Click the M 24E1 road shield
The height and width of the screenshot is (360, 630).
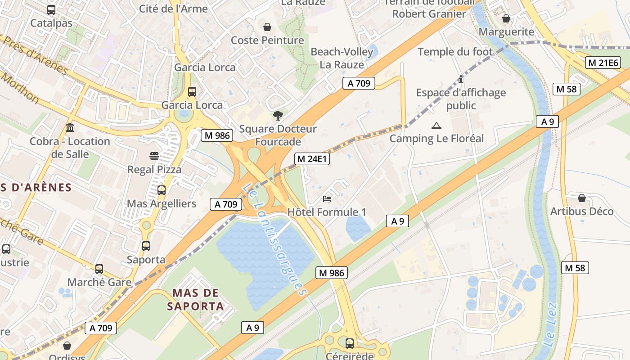(x=312, y=159)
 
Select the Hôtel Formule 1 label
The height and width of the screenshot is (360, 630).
(x=327, y=212)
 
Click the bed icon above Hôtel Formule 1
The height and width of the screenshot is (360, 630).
(x=327, y=198)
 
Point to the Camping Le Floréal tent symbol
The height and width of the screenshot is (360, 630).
(x=436, y=126)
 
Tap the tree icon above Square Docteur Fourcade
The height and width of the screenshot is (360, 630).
(x=278, y=116)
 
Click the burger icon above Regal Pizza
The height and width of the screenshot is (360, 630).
(x=154, y=156)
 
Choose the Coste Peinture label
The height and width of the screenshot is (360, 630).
(x=267, y=40)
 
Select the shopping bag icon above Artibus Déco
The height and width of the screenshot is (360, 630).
(x=582, y=198)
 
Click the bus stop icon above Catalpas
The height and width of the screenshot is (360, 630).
(x=51, y=10)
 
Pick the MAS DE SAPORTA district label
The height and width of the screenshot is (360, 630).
(x=195, y=300)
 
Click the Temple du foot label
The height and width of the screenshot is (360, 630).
(x=455, y=52)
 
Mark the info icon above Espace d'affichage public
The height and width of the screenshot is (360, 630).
(x=460, y=80)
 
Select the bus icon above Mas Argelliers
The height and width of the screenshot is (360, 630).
(x=162, y=190)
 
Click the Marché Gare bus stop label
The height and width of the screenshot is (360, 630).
(x=99, y=282)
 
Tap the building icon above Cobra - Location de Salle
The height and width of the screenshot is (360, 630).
(x=70, y=128)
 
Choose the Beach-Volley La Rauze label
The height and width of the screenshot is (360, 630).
(x=342, y=58)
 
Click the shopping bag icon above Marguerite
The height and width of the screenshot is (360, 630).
(x=506, y=18)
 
